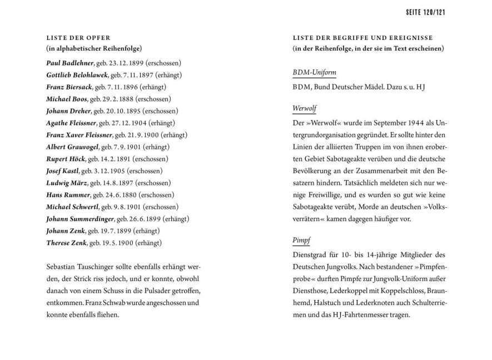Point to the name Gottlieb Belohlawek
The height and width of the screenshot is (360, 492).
pos(77,75)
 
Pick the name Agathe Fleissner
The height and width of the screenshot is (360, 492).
pos(72,123)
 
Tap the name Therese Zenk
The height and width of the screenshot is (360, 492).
pos(66,243)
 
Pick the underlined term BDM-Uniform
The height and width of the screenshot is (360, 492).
pos(314,73)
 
